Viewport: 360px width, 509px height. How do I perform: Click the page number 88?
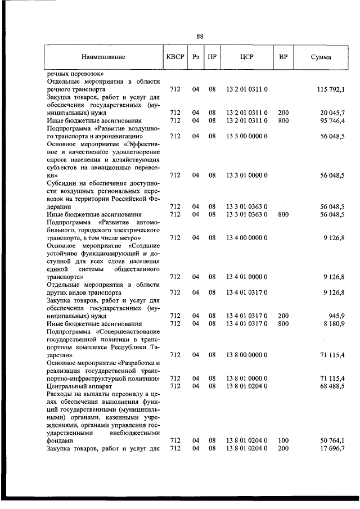coord(200,37)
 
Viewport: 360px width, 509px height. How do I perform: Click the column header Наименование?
coord(103,57)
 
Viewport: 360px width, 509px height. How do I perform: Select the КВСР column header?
coord(175,57)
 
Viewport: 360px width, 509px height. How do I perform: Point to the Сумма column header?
coord(321,57)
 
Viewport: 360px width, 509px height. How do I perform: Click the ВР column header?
coord(283,57)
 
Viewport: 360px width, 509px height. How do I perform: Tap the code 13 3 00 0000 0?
coord(247,136)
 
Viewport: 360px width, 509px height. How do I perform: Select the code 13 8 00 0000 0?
coord(247,355)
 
